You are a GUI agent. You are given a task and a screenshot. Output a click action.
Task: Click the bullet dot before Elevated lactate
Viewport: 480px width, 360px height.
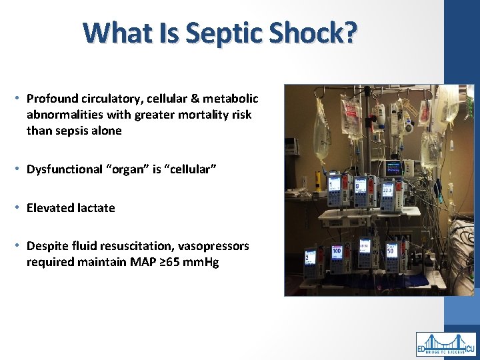point(20,208)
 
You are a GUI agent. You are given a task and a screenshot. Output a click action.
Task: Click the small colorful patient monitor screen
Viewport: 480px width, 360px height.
point(393,167)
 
